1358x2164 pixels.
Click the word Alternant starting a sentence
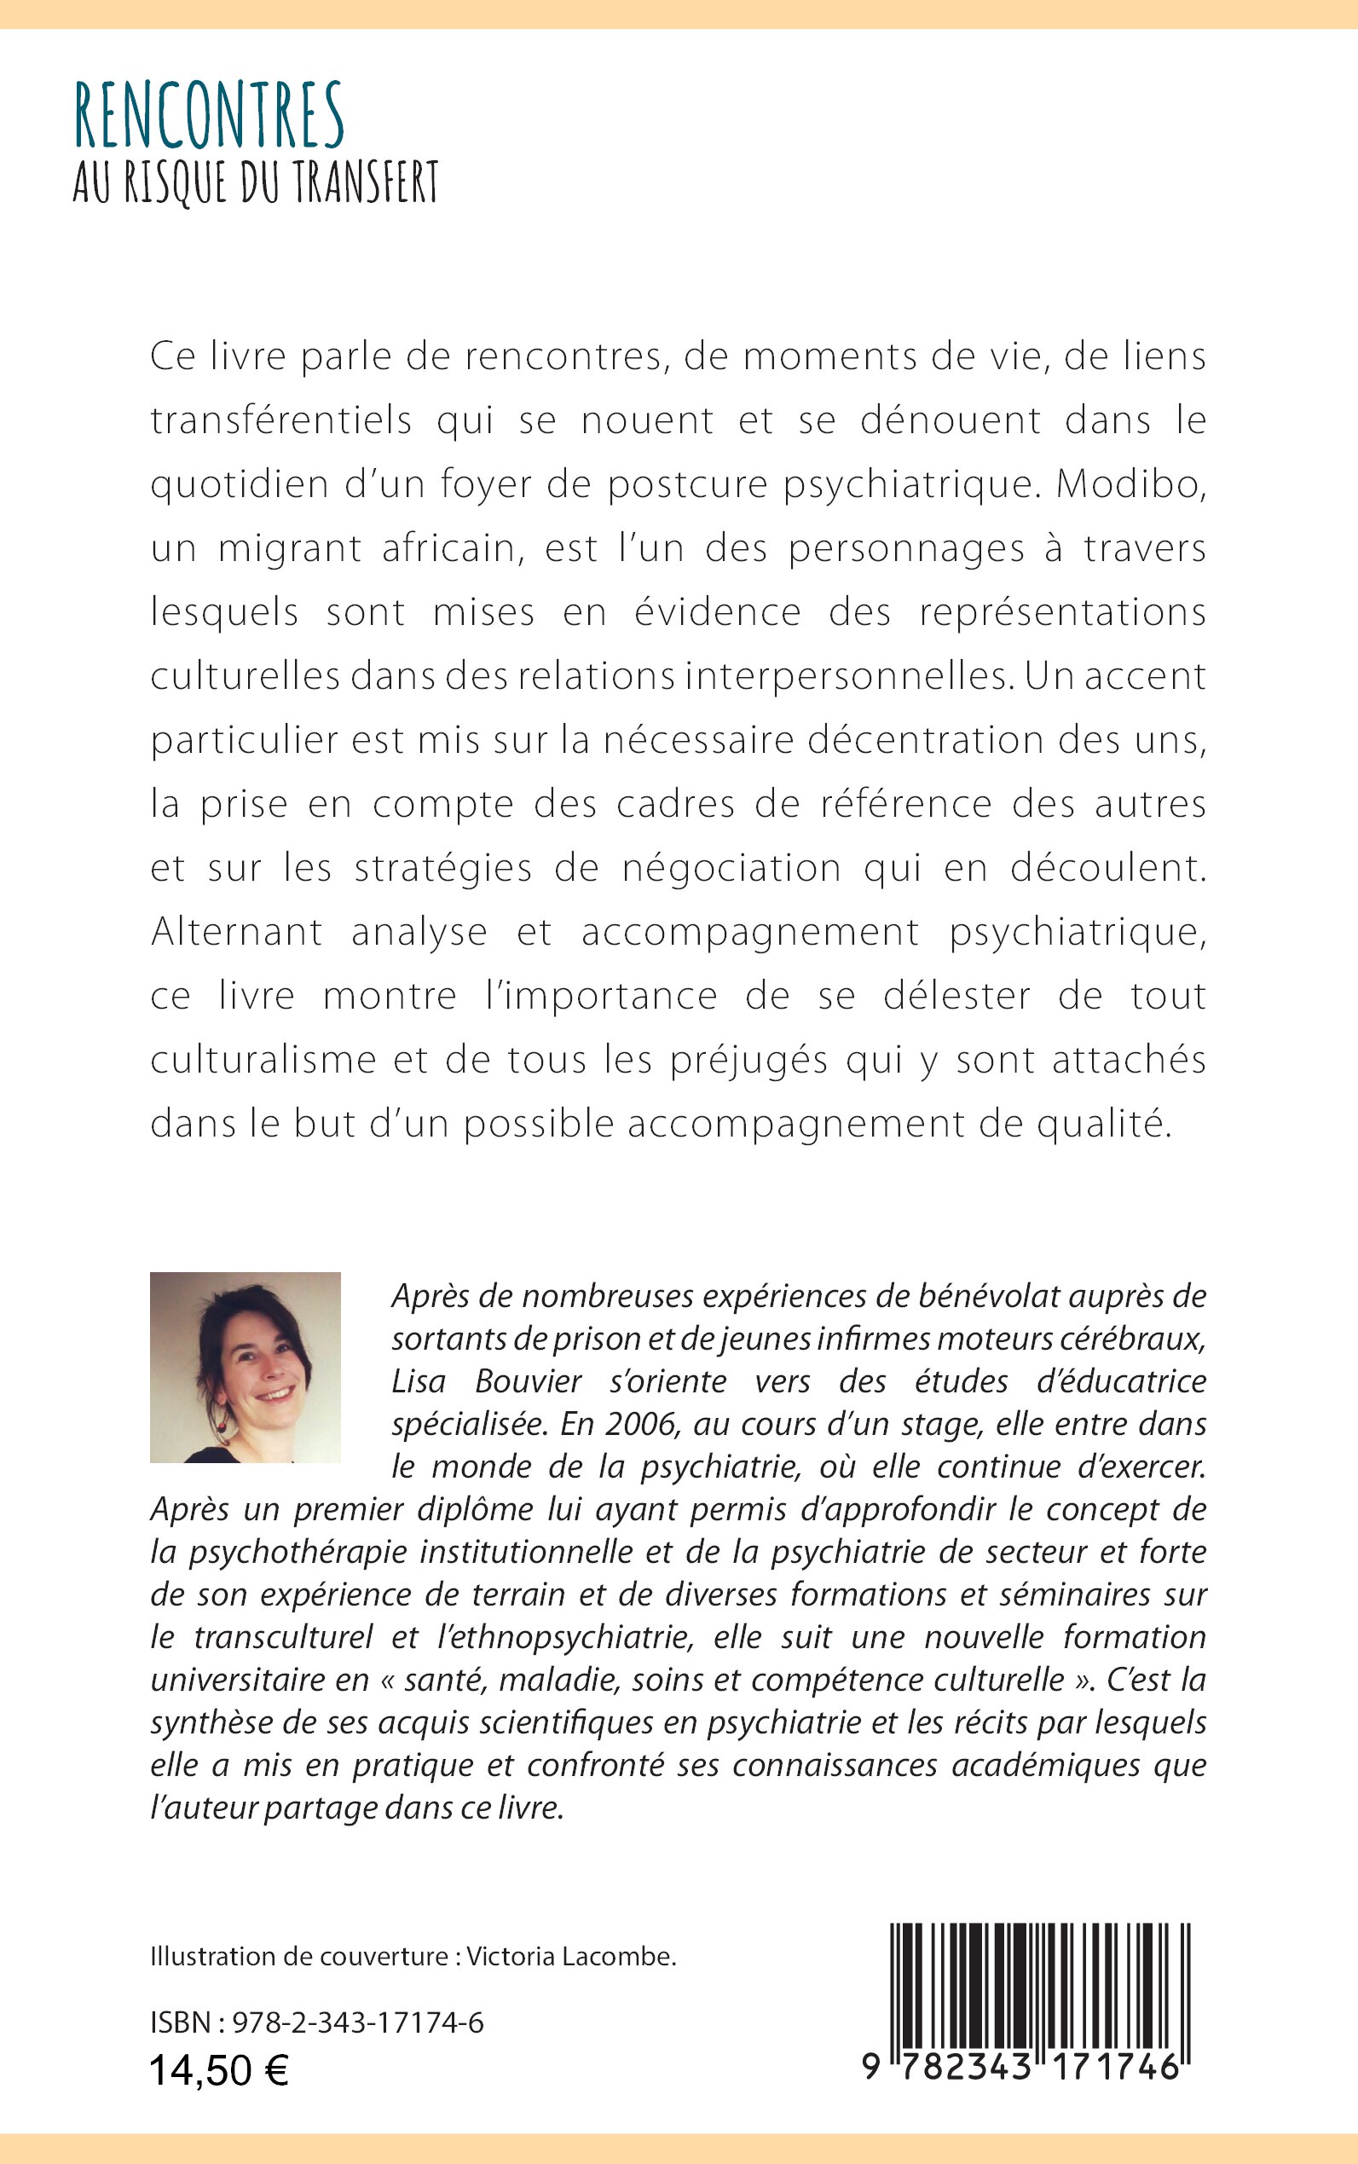pos(236,932)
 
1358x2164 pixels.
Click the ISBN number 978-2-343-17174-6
pos(357,2023)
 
